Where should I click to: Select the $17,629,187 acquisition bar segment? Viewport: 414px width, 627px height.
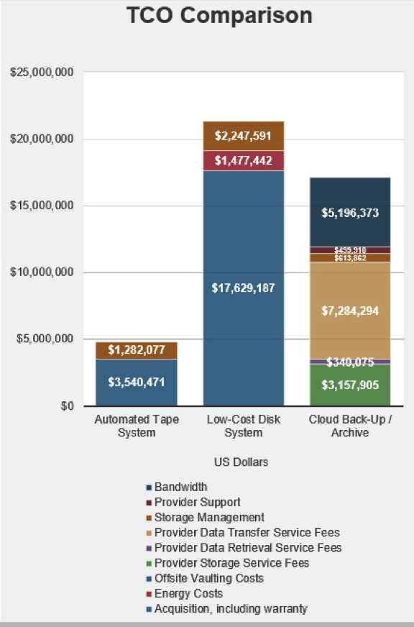pos(242,288)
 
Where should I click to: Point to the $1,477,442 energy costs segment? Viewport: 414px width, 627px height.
pos(242,161)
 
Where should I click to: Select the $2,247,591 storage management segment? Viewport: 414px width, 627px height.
pos(242,136)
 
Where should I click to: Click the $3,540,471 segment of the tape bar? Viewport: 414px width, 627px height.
pos(136,382)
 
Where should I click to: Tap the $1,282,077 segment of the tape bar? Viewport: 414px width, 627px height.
pos(136,350)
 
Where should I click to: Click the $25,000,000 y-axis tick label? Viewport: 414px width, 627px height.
pos(42,73)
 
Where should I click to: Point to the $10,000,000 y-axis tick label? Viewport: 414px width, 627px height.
pos(42,273)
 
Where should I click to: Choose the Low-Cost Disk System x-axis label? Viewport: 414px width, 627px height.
pos(243,426)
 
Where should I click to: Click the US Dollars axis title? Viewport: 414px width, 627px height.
pos(242,462)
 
